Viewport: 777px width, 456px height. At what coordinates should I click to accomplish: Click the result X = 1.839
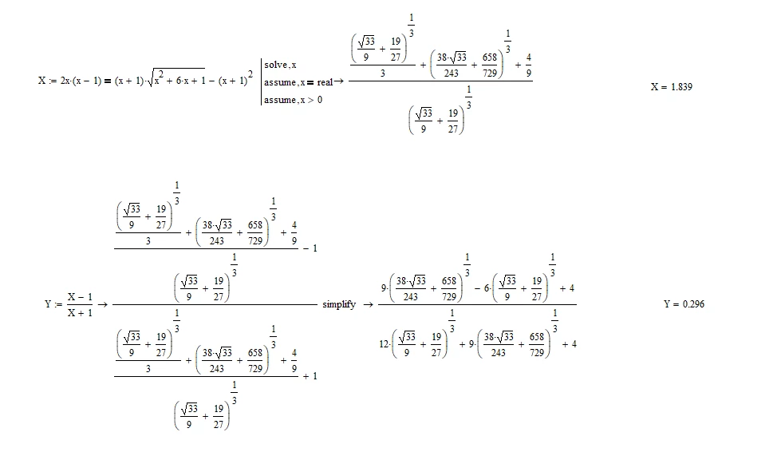(672, 87)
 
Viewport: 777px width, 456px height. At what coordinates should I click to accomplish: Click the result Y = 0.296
(684, 304)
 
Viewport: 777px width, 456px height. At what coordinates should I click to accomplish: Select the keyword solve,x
(280, 65)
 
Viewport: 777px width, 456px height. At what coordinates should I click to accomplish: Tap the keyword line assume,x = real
(298, 82)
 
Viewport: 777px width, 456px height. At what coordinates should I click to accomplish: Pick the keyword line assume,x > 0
(293, 100)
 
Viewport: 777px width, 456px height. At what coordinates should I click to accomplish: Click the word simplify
(339, 304)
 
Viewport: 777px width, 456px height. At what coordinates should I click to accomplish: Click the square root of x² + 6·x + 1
(176, 78)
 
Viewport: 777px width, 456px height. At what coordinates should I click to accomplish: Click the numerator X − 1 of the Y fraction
(80, 297)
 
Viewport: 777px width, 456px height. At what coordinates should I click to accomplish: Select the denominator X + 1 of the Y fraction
(80, 312)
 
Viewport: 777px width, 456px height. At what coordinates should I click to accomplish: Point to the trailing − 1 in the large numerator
(310, 248)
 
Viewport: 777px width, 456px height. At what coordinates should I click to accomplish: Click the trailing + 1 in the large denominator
(310, 376)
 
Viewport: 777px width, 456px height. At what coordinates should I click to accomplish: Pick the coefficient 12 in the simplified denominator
(384, 344)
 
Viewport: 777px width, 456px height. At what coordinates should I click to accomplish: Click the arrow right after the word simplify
(369, 304)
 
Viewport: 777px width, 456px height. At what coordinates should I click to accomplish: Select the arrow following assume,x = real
(339, 81)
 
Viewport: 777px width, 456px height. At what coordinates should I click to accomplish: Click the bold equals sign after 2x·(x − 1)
(108, 81)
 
